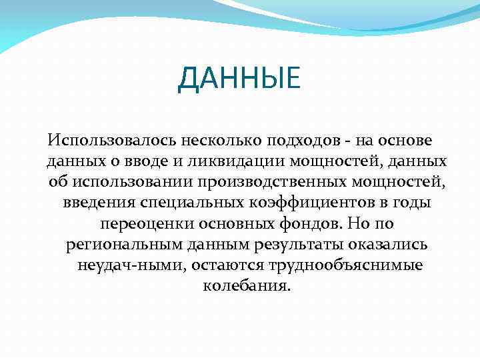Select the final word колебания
245,286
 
